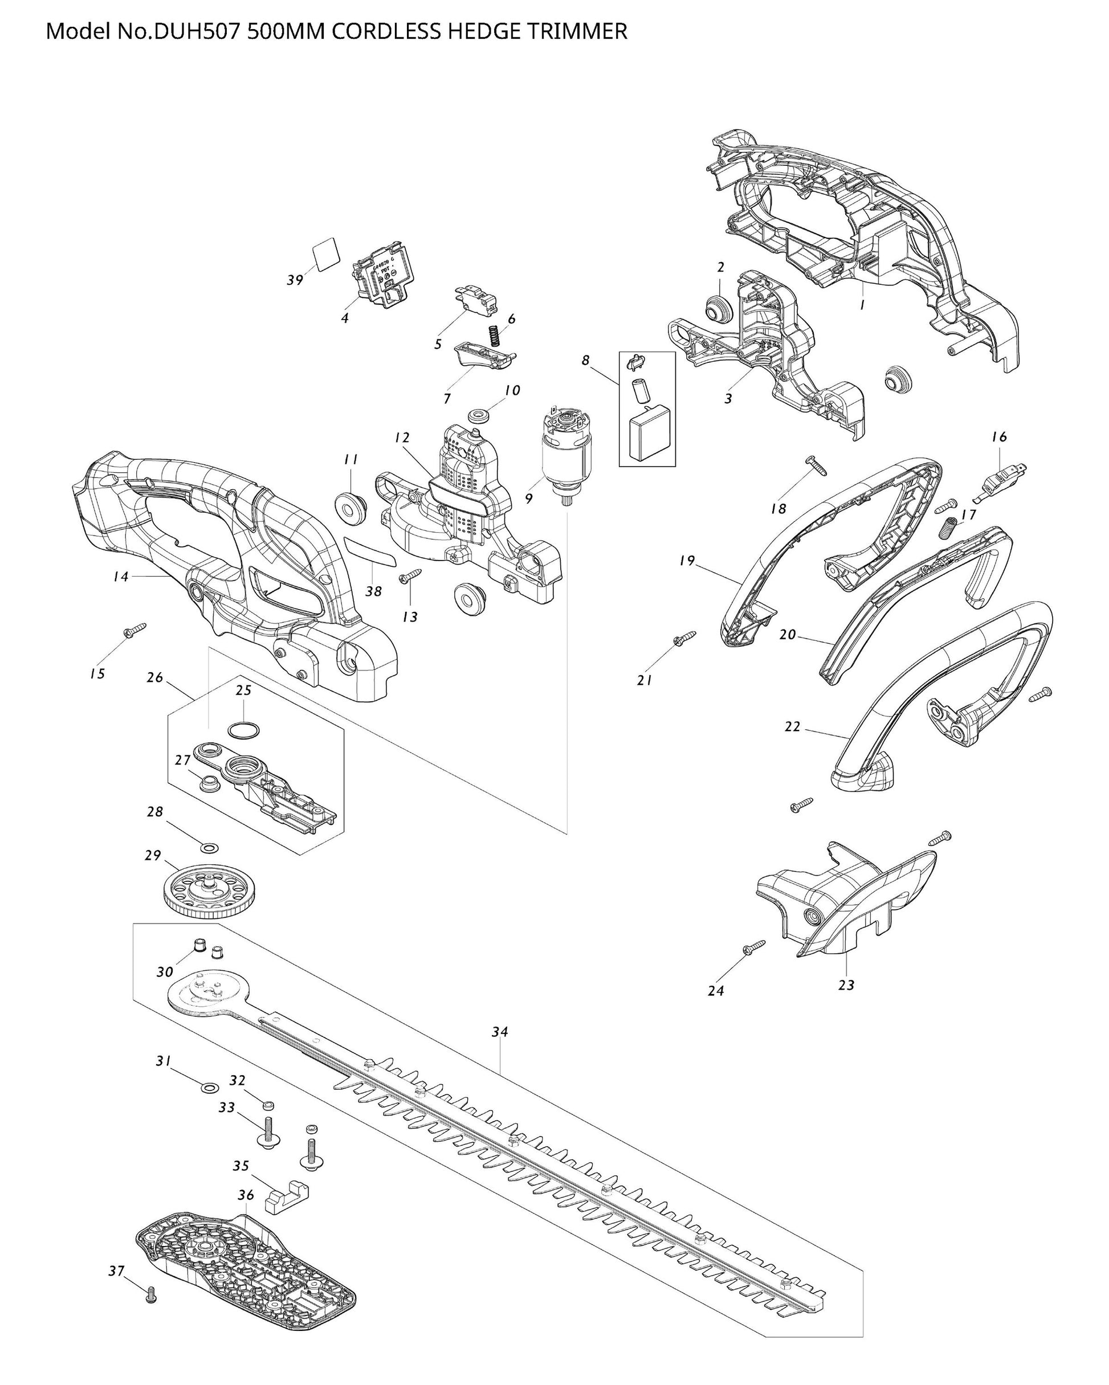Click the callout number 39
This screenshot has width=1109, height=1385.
[x=295, y=280]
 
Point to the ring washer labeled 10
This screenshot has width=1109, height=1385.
[x=479, y=416]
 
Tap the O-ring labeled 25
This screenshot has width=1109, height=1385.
[x=244, y=730]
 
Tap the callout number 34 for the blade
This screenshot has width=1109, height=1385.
[x=500, y=1032]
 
